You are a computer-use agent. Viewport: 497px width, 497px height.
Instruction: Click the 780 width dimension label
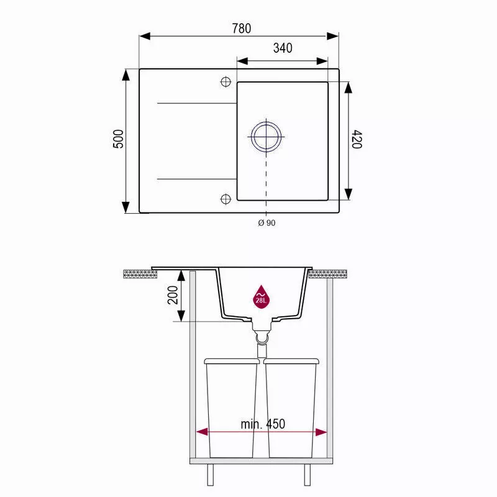click(242, 28)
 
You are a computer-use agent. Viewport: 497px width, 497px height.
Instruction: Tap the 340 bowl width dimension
click(283, 48)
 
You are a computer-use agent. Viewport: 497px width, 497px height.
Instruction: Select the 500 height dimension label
click(118, 139)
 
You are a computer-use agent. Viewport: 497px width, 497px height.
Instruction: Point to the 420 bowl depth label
click(357, 139)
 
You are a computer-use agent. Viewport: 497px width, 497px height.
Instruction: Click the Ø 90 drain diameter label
click(267, 223)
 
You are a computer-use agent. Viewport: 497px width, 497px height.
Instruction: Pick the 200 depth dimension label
click(173, 294)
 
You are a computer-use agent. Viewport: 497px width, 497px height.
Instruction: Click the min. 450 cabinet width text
click(263, 424)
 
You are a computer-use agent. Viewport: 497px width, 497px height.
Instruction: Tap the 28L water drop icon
click(261, 296)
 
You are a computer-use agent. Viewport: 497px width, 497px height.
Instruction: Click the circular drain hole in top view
click(267, 137)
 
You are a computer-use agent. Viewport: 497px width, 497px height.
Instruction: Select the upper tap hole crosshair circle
click(226, 82)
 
